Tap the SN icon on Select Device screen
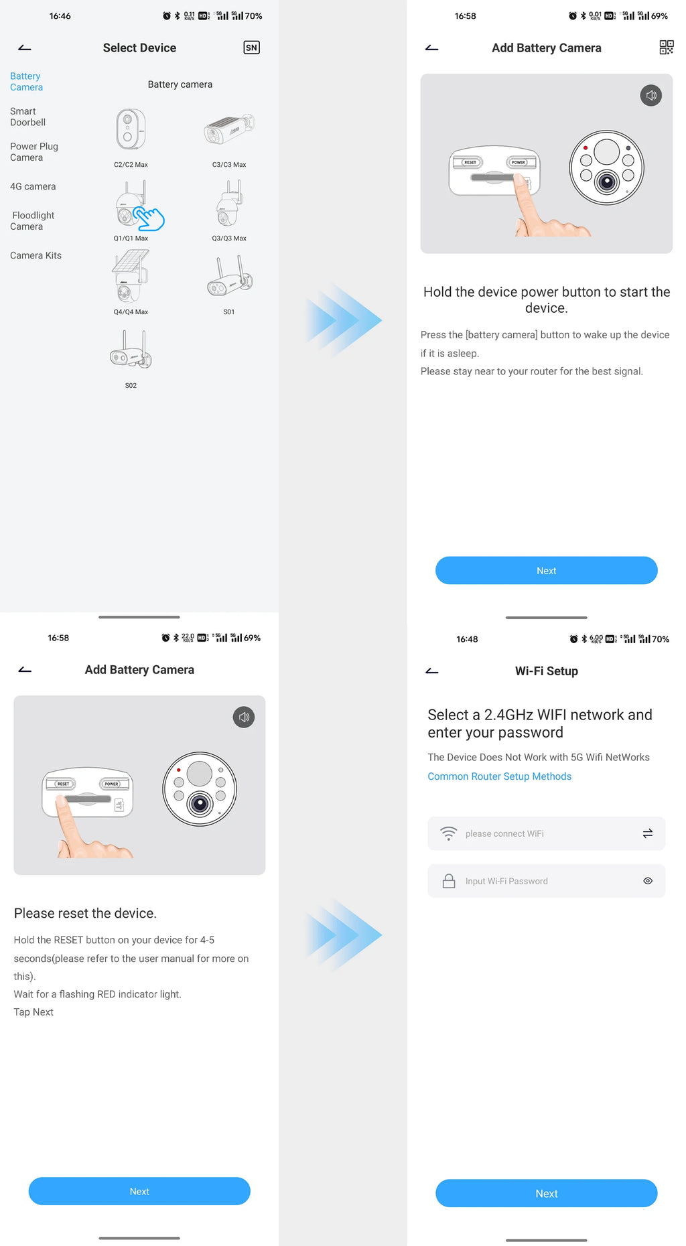(251, 48)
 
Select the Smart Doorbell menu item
(27, 117)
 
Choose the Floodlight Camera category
(32, 220)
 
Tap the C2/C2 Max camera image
(131, 130)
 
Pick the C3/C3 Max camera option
(229, 129)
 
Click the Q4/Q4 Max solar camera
(131, 276)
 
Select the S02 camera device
(131, 350)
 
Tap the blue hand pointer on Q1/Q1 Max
(149, 218)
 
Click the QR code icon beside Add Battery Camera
(666, 48)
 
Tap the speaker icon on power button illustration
(650, 95)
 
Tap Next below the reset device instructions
(139, 1191)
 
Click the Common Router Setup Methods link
(499, 776)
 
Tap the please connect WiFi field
(529, 833)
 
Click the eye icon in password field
(648, 881)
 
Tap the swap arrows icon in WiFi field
(648, 833)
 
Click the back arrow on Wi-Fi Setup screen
(432, 671)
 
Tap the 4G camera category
(33, 186)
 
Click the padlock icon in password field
(449, 881)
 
